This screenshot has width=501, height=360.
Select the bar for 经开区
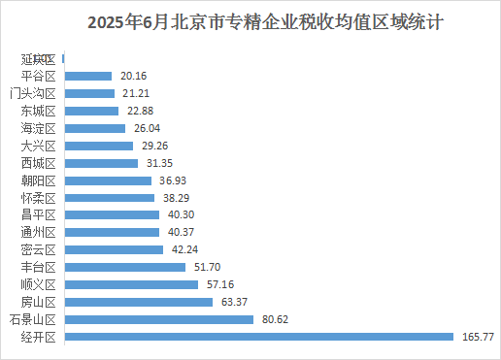pyautogui.click(x=257, y=337)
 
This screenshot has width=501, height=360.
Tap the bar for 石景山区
pyautogui.click(x=157, y=319)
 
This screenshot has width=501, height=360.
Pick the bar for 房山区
pyautogui.click(x=137, y=302)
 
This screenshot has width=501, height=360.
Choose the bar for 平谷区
pyautogui.click(x=86, y=75)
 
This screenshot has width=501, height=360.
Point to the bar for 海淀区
pyautogui.click(x=93, y=127)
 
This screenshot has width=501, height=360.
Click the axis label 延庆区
pyautogui.click(x=38, y=58)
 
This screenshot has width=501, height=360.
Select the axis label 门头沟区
pyautogui.click(x=33, y=93)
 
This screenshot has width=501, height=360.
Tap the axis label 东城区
pyautogui.click(x=38, y=111)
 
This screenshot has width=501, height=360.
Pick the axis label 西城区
pyautogui.click(x=38, y=163)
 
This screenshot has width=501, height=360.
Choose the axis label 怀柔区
pyautogui.click(x=38, y=198)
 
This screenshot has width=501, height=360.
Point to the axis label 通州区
pyautogui.click(x=38, y=233)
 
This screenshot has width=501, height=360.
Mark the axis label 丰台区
pyautogui.click(x=38, y=268)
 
